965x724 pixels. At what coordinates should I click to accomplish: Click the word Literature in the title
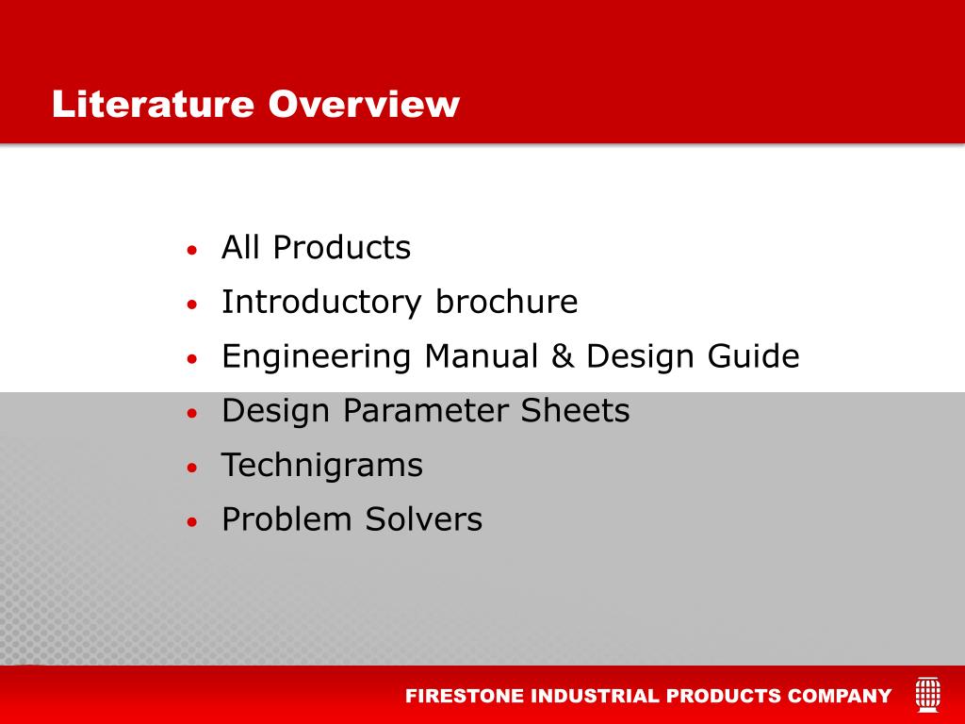coord(153,104)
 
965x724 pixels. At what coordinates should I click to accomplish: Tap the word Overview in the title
coord(364,104)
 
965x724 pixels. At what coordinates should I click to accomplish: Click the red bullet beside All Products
coord(192,250)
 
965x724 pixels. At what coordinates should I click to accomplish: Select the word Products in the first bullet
coord(341,248)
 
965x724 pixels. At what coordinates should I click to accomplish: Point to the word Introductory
coord(321,303)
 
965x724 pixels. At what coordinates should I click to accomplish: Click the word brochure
coord(506,302)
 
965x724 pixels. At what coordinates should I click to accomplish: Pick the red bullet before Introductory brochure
coord(192,304)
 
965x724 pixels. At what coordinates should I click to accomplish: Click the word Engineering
coord(317,357)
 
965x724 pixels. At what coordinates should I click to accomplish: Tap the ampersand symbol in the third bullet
coord(563,356)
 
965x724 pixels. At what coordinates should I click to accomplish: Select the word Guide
coord(753,356)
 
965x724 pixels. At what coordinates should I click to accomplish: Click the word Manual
coord(482,356)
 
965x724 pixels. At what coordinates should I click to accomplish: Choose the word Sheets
coord(576,411)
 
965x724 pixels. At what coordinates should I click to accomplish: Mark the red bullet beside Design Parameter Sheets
coord(192,413)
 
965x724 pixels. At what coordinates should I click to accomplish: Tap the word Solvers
coord(423,519)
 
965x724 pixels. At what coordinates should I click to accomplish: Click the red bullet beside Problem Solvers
coord(192,522)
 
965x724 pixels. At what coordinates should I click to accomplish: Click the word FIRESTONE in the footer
coord(465,697)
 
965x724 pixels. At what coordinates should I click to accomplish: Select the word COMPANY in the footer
coord(840,697)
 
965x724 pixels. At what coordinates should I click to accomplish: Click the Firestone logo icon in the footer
coord(927,695)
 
